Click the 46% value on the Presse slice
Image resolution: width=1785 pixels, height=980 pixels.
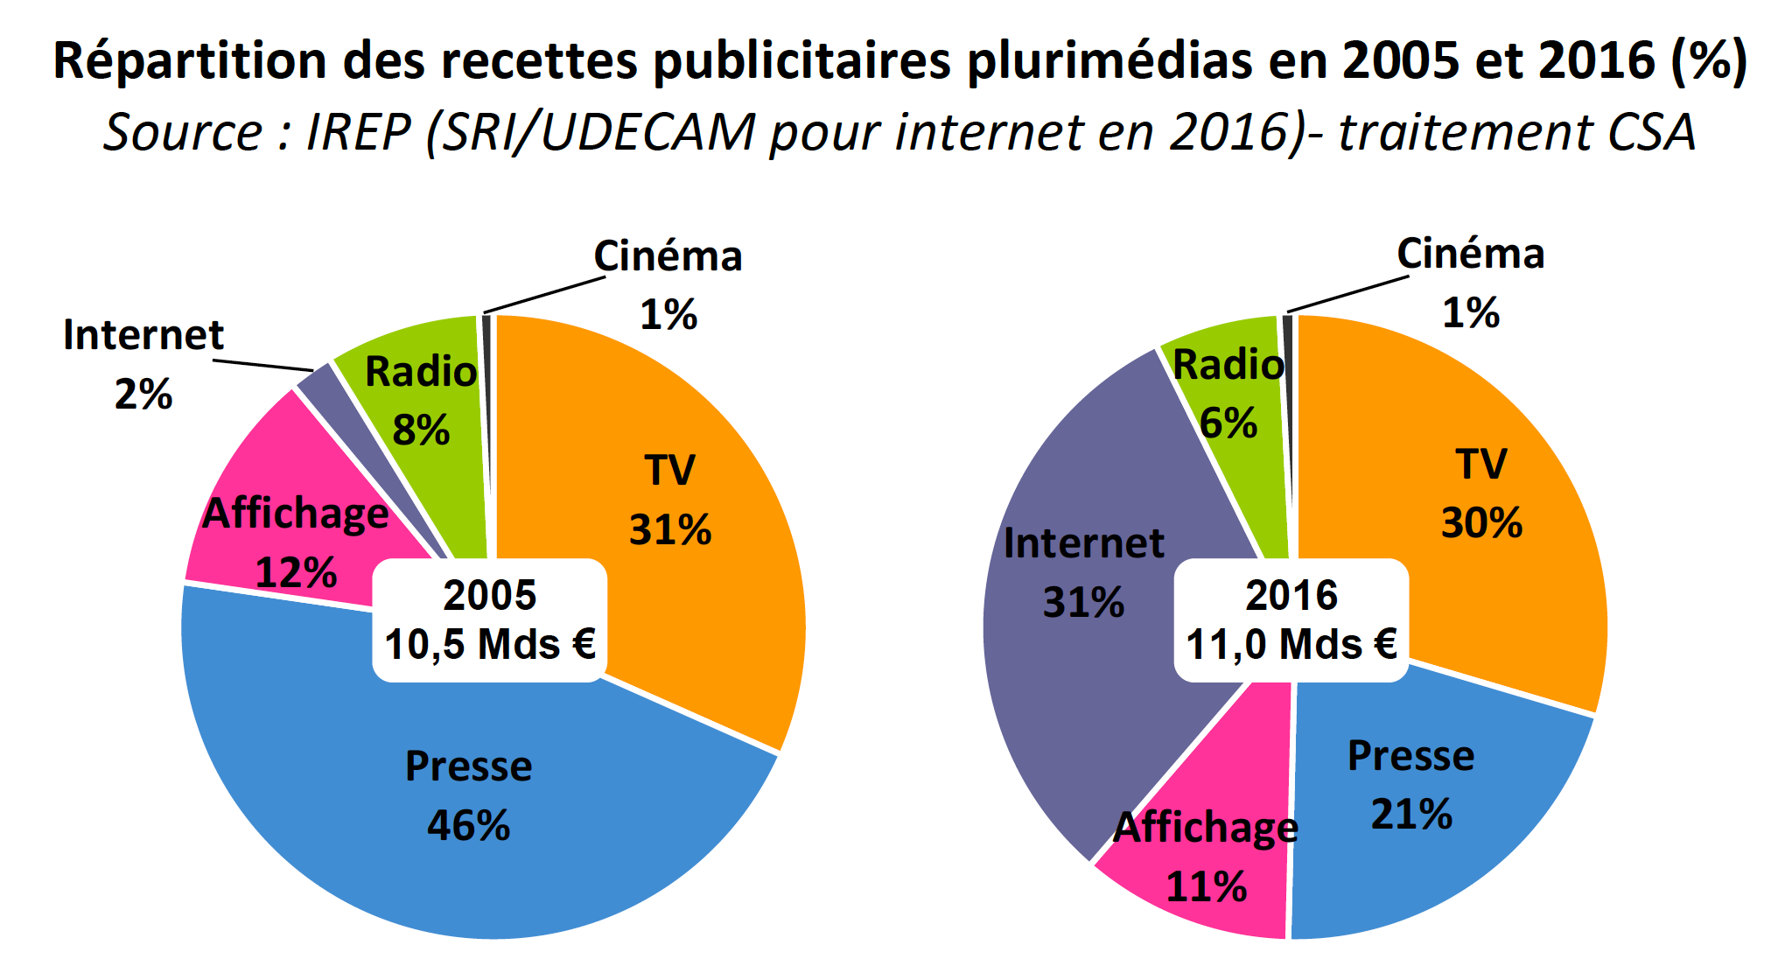click(468, 825)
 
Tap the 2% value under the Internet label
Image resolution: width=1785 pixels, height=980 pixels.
click(143, 395)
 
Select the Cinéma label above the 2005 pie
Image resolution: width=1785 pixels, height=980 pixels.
click(668, 257)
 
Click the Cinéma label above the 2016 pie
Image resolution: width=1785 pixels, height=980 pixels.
click(1470, 255)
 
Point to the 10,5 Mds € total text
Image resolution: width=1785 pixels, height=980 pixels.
click(490, 645)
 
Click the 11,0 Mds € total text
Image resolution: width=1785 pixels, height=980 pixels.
click(1291, 645)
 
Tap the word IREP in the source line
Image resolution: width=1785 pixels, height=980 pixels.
click(358, 133)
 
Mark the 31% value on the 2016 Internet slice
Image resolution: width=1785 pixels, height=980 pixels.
click(1083, 603)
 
